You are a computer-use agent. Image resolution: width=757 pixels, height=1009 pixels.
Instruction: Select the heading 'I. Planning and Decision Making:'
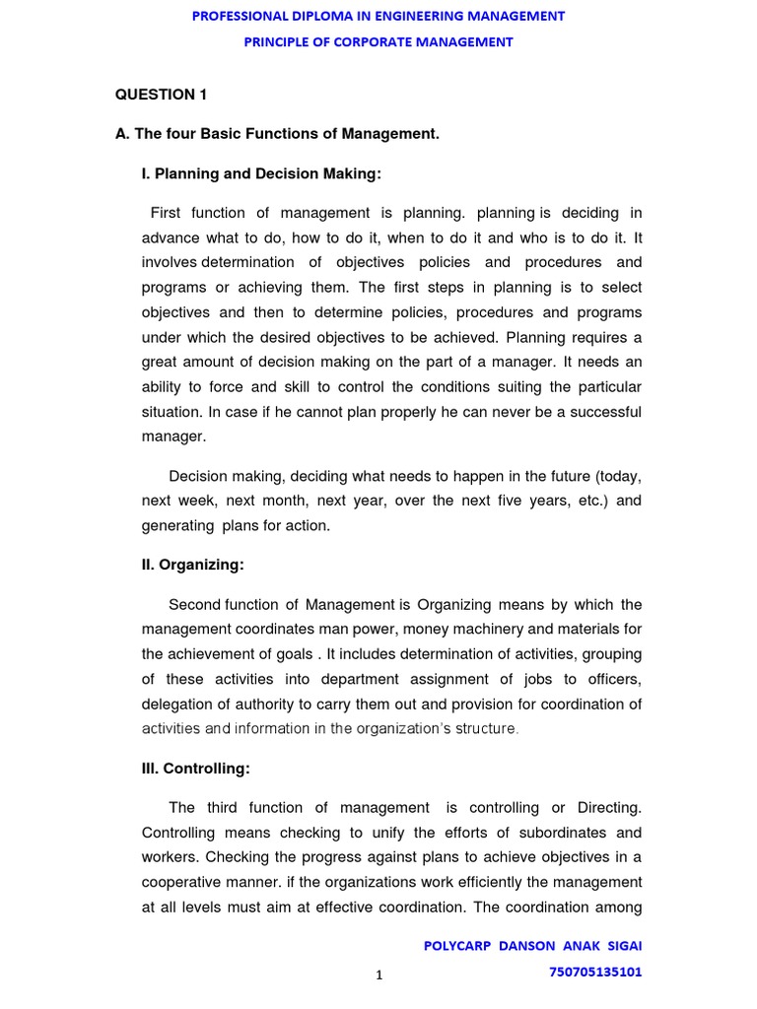point(261,173)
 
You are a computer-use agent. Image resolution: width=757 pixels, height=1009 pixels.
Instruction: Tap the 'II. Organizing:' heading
point(193,565)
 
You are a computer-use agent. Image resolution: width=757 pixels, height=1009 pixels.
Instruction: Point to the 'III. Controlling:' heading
point(196,768)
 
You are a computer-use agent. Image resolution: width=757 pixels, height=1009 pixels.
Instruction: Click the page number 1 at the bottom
point(378,975)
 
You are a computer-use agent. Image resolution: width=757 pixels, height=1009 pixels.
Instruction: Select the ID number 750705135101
point(594,972)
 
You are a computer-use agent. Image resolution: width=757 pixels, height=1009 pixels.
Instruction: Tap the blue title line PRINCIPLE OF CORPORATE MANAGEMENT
point(378,41)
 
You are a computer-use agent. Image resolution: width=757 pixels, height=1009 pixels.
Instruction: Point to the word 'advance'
point(169,237)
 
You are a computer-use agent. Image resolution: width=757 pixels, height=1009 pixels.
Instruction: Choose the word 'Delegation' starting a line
point(176,704)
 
